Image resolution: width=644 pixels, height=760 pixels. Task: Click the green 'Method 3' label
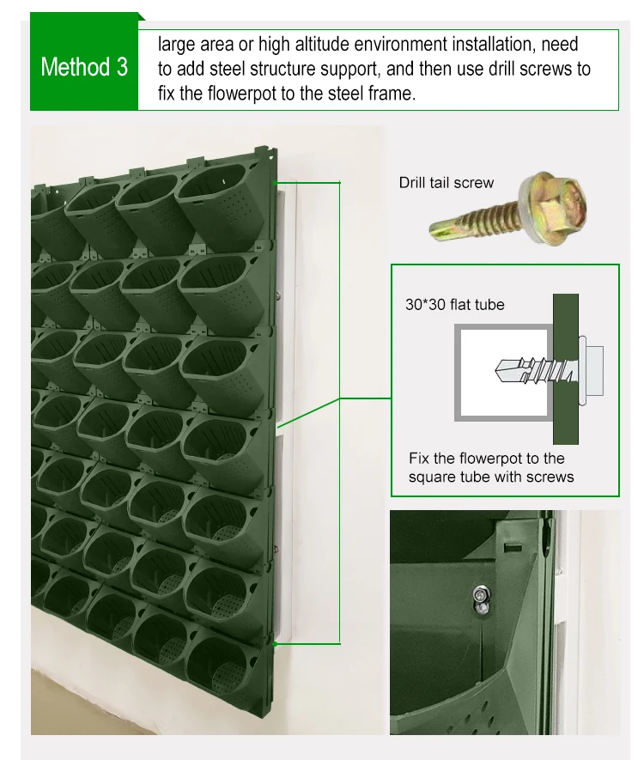click(84, 68)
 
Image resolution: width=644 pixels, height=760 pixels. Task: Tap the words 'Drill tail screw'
click(446, 182)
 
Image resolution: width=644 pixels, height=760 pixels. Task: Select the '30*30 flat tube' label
click(454, 304)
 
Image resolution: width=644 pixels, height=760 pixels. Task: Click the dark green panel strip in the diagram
click(566, 361)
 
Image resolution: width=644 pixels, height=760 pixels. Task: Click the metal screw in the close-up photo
click(482, 596)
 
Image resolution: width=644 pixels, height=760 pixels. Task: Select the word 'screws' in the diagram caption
click(550, 477)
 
